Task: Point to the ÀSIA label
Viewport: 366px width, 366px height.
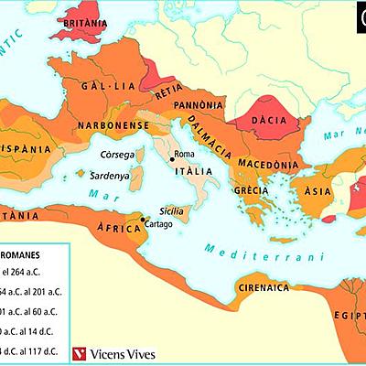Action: (318, 191)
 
